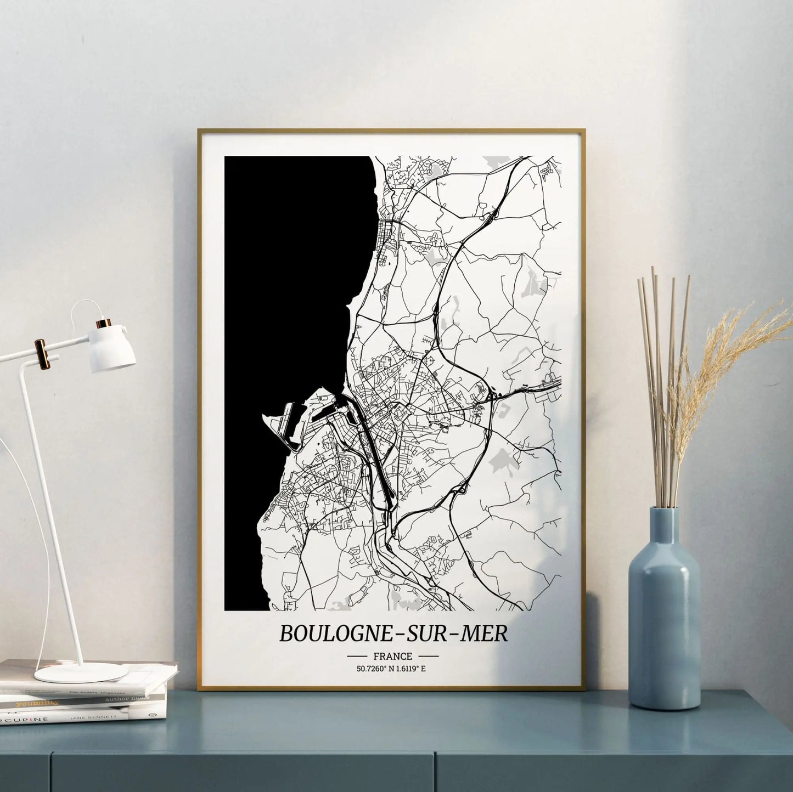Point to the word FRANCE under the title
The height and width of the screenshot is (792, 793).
[x=392, y=656]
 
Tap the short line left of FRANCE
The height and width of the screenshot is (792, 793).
[x=357, y=656]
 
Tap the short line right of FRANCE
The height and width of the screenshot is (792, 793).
[x=428, y=656]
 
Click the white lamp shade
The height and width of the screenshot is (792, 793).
[x=113, y=349]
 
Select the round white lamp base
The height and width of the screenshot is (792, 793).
[x=81, y=672]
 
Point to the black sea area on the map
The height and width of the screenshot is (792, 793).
[x=291, y=274]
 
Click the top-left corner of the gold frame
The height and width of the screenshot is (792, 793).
[x=199, y=131]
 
